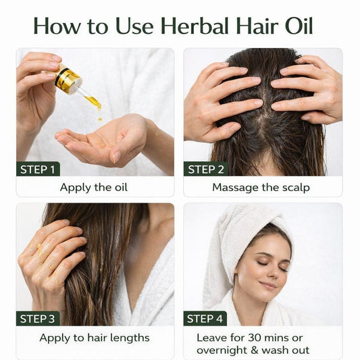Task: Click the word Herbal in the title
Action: click(195, 26)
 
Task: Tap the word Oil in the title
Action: click(299, 26)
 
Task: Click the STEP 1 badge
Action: click(38, 170)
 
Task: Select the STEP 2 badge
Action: click(206, 170)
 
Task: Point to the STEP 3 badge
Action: click(38, 319)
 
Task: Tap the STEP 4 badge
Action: click(205, 319)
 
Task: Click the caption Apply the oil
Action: click(94, 188)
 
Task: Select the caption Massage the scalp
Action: click(261, 188)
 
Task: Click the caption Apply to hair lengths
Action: click(95, 338)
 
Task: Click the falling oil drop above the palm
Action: click(100, 119)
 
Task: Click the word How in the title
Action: click(57, 26)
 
